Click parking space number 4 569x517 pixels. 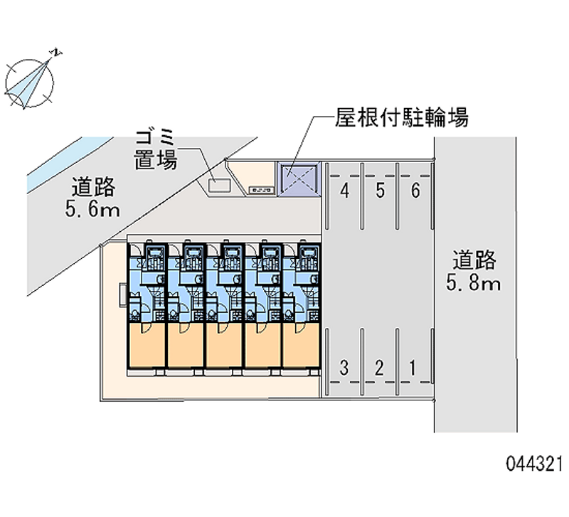click(x=344, y=191)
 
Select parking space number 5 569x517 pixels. click(x=381, y=191)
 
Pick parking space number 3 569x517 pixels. click(x=344, y=368)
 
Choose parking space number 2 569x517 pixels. click(x=380, y=368)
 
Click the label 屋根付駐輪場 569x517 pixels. click(x=401, y=117)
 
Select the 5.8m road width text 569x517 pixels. click(x=474, y=284)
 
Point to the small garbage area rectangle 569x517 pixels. click(x=218, y=185)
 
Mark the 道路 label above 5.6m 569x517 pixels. click(x=93, y=188)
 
